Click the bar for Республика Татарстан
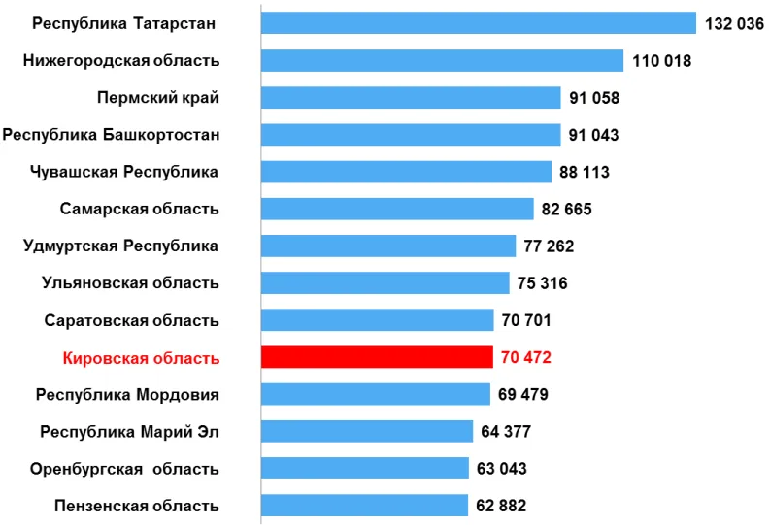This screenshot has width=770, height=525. click(479, 23)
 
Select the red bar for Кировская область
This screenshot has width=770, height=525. click(377, 357)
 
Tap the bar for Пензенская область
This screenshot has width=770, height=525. click(365, 506)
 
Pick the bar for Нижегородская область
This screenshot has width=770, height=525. click(442, 61)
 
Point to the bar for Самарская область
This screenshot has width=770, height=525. click(397, 209)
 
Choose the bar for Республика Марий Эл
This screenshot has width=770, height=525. click(367, 431)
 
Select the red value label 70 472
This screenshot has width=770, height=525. click(526, 358)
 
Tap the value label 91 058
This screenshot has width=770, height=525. click(594, 98)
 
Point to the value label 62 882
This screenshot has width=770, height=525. click(501, 506)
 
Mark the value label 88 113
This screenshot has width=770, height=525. click(585, 173)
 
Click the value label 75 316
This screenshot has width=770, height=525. click(543, 283)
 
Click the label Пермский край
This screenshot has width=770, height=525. click(158, 98)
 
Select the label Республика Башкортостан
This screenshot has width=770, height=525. click(111, 135)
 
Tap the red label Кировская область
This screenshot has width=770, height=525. click(141, 358)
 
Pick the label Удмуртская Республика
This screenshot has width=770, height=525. click(120, 246)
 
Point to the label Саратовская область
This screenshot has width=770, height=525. click(132, 320)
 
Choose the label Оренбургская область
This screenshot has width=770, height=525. click(124, 469)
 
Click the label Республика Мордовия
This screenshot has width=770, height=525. click(127, 395)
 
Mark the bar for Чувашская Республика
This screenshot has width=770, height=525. click(407, 172)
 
